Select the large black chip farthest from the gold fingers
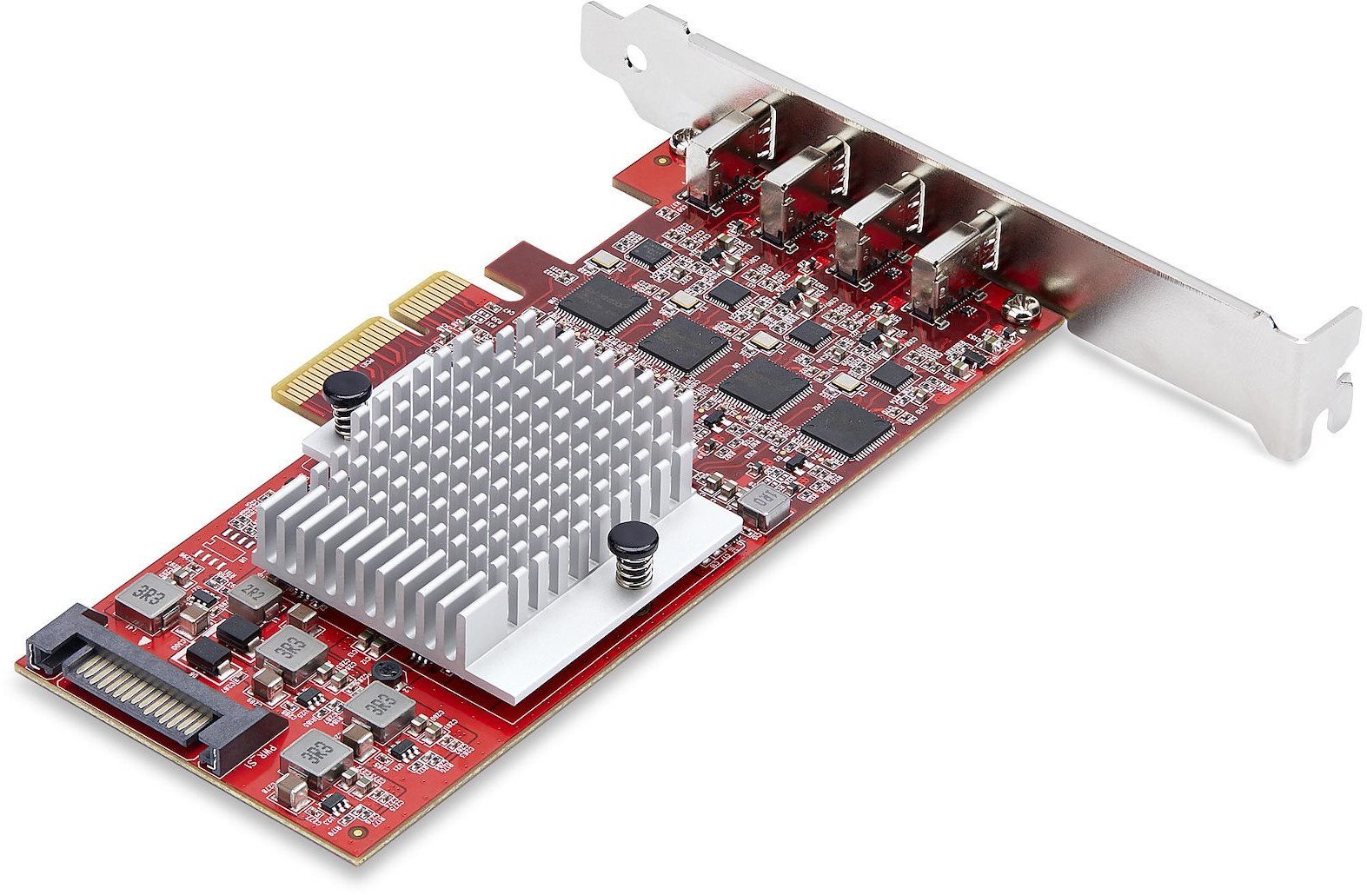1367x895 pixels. (x=846, y=428)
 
